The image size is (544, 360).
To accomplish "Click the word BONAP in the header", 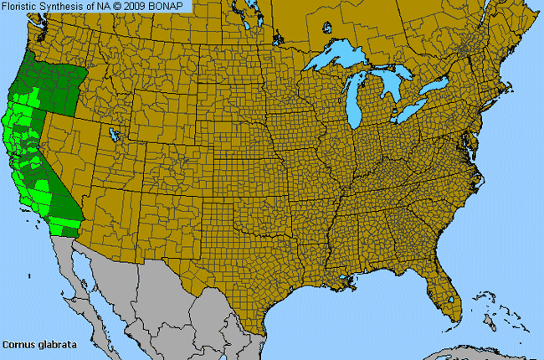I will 173,6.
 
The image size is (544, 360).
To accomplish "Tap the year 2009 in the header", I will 144,6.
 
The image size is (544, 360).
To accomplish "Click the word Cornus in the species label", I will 18,344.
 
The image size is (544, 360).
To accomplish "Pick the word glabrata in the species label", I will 49,344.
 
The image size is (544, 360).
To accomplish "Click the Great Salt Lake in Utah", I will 113,133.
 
